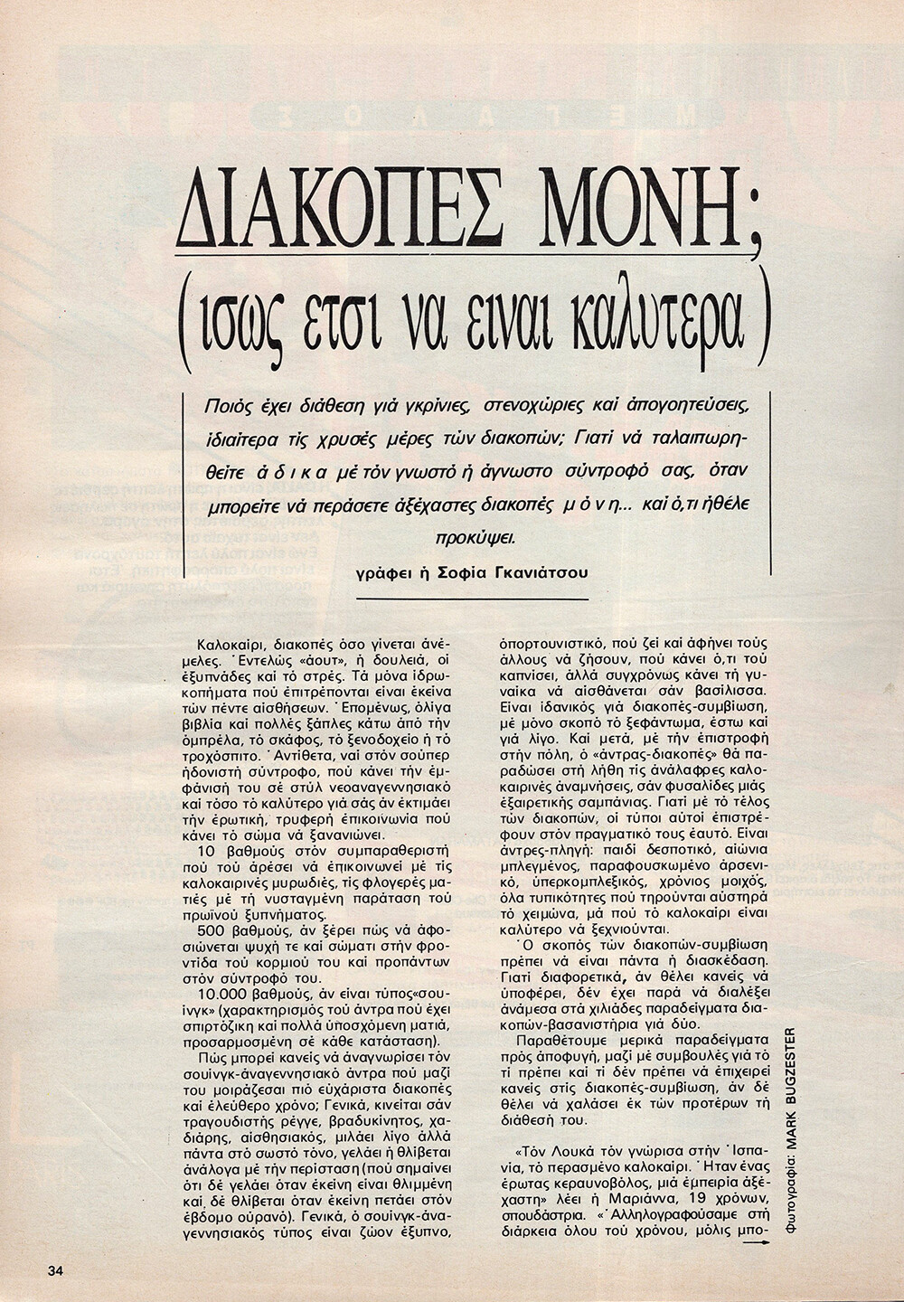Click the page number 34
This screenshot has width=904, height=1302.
pyautogui.click(x=56, y=1269)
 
